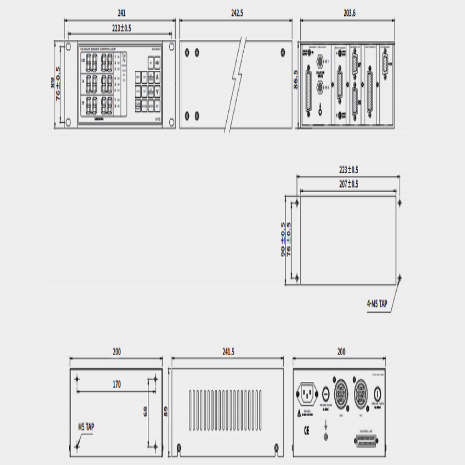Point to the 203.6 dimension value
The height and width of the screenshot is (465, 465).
(350, 13)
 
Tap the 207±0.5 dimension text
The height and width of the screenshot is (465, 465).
(349, 184)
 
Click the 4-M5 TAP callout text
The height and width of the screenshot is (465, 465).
(377, 305)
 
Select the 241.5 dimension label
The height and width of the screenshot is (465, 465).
(228, 352)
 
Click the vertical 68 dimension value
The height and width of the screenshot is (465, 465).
(145, 411)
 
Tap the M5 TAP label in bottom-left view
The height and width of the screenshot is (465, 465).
(87, 425)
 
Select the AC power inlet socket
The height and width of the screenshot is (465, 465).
(306, 394)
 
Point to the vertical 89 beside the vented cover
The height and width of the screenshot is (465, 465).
(166, 411)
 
